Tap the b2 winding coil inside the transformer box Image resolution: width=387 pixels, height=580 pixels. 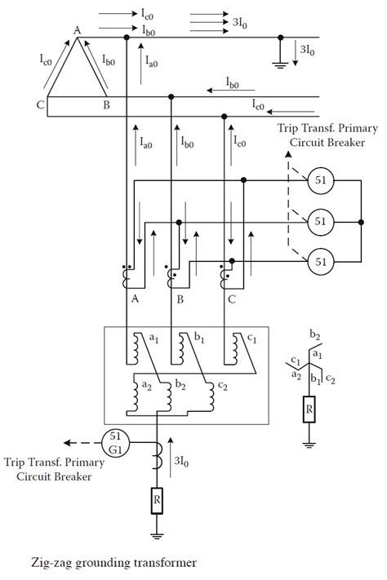coord(168,396)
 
